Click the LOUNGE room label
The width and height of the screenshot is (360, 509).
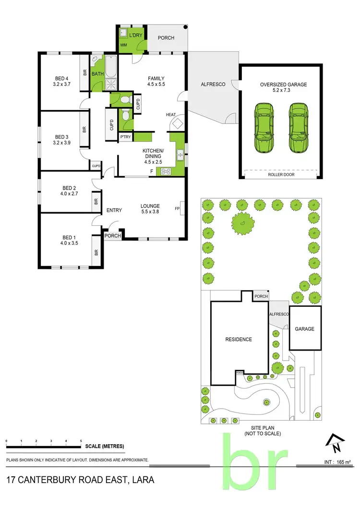[x=150, y=206]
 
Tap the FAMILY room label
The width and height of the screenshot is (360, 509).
[x=156, y=79]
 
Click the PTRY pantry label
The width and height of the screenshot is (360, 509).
[x=125, y=137]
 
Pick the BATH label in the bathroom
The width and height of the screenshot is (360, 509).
[x=97, y=74]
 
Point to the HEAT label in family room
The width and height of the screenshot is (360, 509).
[x=171, y=115]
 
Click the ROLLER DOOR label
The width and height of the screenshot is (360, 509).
[x=281, y=175]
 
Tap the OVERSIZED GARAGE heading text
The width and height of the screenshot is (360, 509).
[x=283, y=85]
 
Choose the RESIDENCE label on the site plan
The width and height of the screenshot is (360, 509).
[x=239, y=339]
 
